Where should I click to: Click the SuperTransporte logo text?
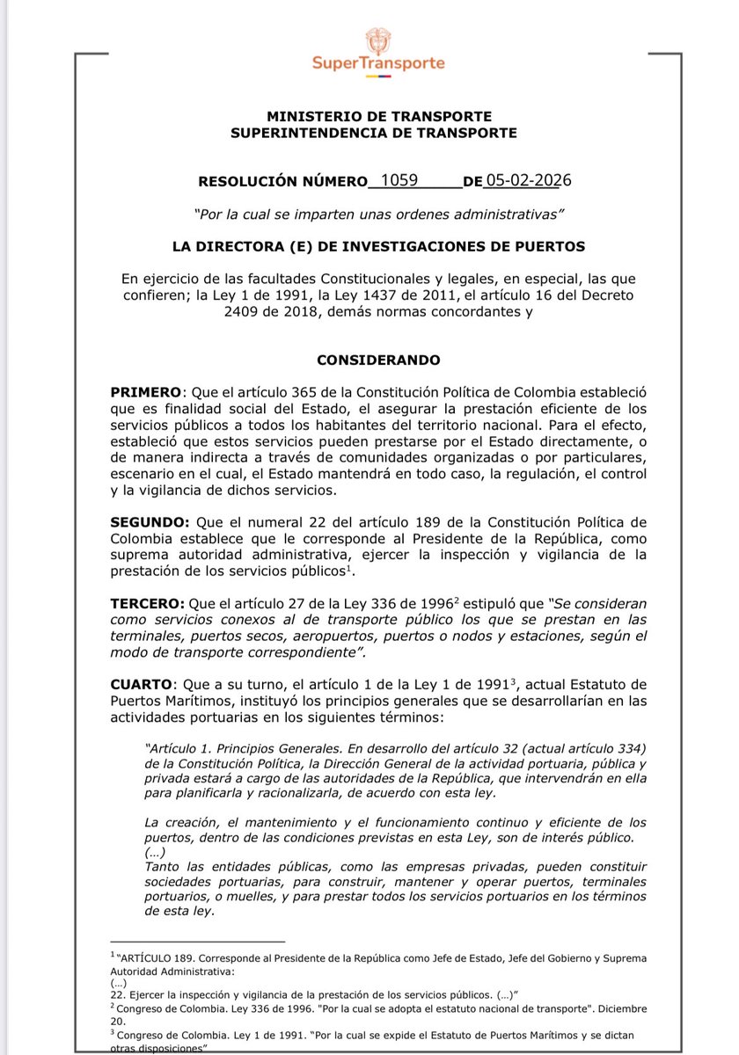pos(378,63)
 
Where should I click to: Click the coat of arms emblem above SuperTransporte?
pos(379,40)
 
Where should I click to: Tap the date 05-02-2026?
pos(529,181)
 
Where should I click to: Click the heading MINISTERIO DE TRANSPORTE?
pos(379,117)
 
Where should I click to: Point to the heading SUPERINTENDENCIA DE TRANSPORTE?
pos(374,133)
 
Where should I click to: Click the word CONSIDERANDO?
pos(378,360)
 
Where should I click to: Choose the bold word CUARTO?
pos(143,683)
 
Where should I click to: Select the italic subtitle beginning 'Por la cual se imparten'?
pos(378,215)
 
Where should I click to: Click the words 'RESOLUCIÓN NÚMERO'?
pos(282,183)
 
